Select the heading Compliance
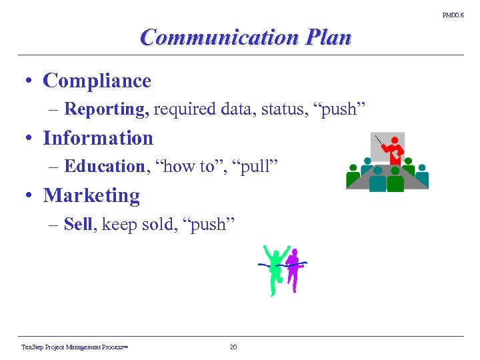pos(97,81)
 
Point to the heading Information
pos(98,138)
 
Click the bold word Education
pos(105,167)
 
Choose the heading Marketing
pos(91,195)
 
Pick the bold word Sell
pos(78,224)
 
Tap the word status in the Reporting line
pos(280,109)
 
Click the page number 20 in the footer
pos(233,347)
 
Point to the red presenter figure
pos(395,149)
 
